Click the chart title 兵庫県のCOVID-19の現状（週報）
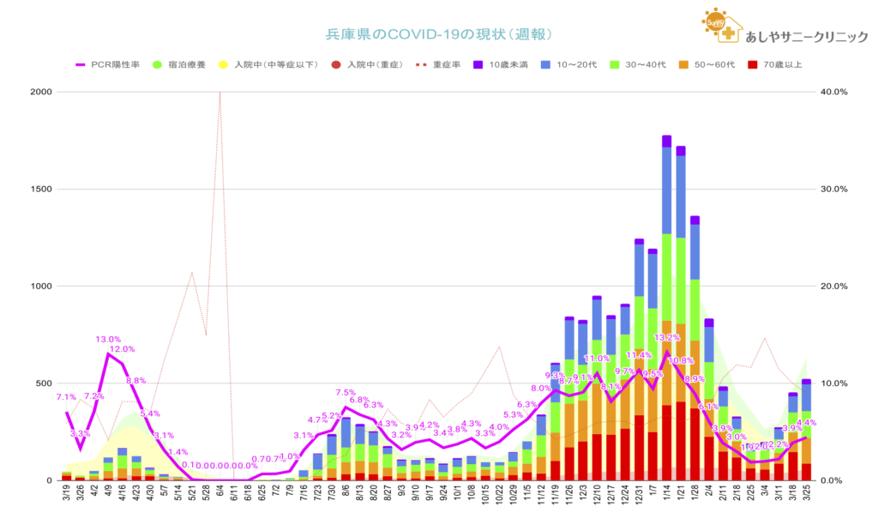(x=438, y=34)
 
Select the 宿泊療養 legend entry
(x=180, y=63)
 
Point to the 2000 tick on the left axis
(x=40, y=92)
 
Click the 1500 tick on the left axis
(x=40, y=189)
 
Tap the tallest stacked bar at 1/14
(x=666, y=309)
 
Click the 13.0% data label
(x=108, y=340)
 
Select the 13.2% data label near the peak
(x=666, y=338)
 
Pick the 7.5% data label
(x=346, y=393)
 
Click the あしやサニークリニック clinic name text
(x=807, y=37)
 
